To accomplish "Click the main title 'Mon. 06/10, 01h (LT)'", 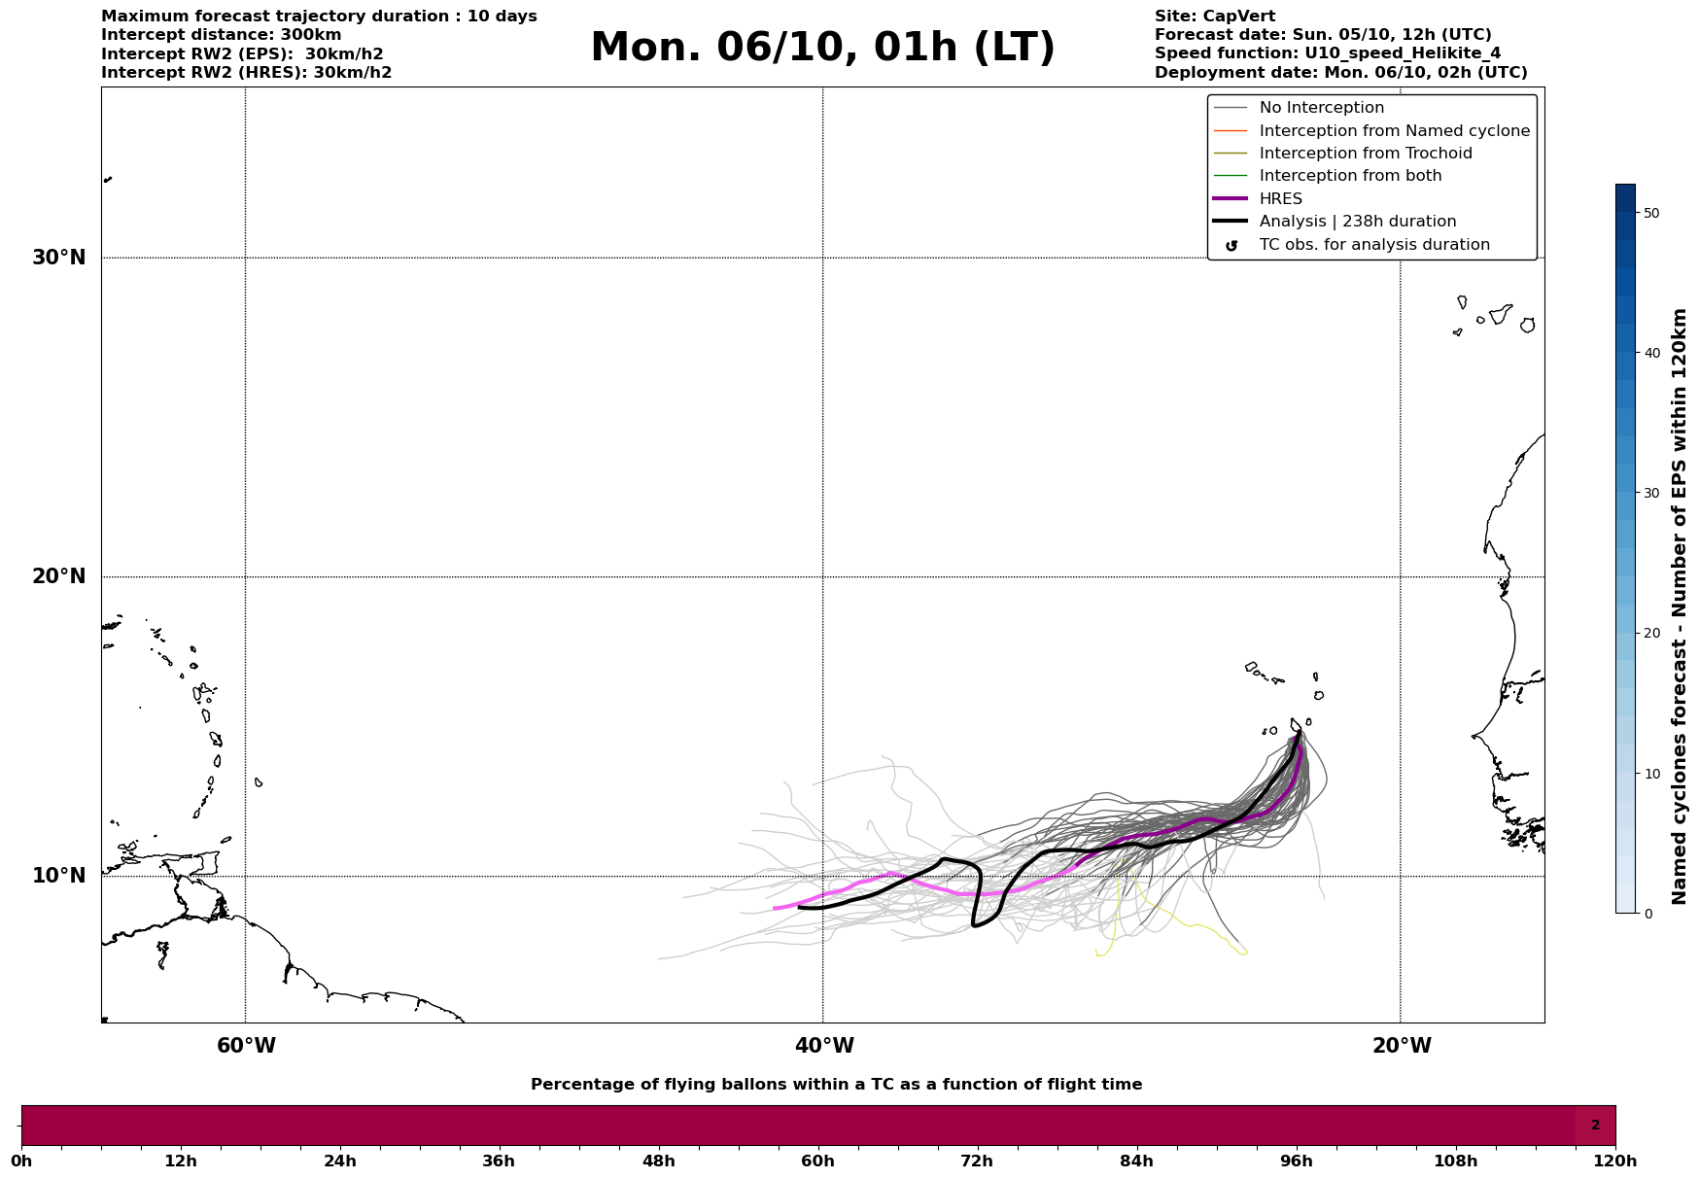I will click(822, 48).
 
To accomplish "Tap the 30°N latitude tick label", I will click(58, 258).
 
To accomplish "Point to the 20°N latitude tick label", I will click(58, 576).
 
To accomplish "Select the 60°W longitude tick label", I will click(246, 1046).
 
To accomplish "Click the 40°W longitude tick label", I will click(823, 1046).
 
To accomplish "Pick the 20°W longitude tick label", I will click(1401, 1046).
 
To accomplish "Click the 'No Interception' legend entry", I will click(1321, 108).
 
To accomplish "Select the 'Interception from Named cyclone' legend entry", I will click(1394, 131).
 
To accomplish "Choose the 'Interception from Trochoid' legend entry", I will click(1365, 154).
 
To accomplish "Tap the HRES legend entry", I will click(1280, 199).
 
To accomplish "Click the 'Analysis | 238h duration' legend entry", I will click(1357, 222).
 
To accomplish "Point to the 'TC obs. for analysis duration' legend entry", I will click(1373, 245).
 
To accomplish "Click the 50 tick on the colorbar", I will click(1650, 213).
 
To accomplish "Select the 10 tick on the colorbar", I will click(1650, 774).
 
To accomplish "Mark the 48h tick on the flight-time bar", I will click(658, 1161).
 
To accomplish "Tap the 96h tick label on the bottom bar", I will click(1296, 1161).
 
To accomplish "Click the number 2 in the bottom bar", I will click(1595, 1126).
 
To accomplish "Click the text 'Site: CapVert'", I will click(1214, 17).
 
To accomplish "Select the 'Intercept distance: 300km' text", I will click(221, 35).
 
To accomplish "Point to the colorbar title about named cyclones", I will click(1680, 607).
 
